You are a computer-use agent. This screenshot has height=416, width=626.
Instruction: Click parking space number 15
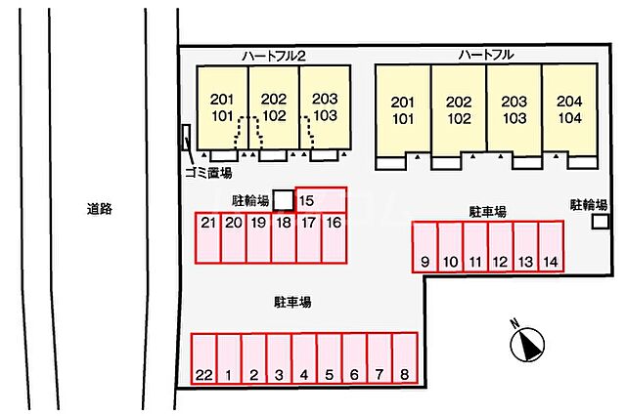(321, 199)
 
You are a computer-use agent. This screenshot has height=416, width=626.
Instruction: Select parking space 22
(203, 358)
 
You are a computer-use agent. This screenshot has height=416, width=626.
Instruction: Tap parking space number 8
(405, 358)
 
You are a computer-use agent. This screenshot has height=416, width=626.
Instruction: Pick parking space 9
(425, 247)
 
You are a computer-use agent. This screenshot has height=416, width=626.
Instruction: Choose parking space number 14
(551, 247)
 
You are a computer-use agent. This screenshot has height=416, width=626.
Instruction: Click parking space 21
(208, 238)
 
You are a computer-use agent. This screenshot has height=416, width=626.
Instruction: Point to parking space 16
(334, 238)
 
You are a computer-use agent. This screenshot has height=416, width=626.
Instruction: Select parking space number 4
(304, 358)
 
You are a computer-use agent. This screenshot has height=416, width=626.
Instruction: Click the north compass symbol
(527, 344)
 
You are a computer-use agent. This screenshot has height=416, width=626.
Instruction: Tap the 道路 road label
(100, 209)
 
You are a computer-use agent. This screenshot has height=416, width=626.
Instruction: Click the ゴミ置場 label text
(208, 173)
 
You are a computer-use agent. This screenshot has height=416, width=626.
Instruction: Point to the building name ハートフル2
(274, 56)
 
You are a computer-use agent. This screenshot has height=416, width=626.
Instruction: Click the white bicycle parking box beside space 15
(284, 200)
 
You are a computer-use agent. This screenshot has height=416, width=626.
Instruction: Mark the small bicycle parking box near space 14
(600, 222)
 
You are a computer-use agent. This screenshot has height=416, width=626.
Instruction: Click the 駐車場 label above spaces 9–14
(487, 212)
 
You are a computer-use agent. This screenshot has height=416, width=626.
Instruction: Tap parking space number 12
(500, 247)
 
